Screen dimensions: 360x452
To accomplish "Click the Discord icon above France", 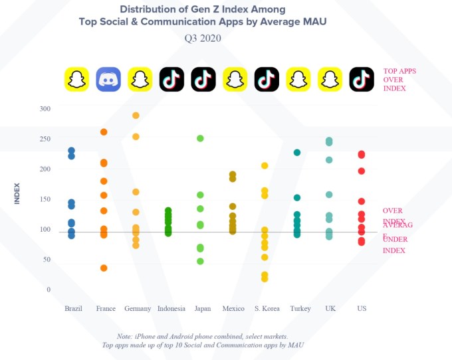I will click(108, 80).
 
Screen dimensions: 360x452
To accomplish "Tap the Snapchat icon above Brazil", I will click(76, 80).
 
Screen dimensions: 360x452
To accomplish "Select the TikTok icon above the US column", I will click(362, 80).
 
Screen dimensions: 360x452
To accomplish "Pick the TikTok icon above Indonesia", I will click(171, 80).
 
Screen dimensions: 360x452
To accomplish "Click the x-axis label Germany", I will click(137, 308).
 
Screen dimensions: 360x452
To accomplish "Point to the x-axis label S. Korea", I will click(266, 308).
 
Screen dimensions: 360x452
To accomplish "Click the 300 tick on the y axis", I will click(45, 108).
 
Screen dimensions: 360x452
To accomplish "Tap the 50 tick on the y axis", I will click(47, 260).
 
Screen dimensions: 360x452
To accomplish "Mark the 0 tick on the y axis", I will click(49, 290).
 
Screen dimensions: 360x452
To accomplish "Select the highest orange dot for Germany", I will click(136, 116).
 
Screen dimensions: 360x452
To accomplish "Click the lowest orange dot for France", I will click(104, 268).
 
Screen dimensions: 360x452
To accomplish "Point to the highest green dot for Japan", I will click(200, 138).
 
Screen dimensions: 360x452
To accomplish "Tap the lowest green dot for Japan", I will click(200, 261).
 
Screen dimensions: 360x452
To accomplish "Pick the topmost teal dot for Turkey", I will click(297, 153).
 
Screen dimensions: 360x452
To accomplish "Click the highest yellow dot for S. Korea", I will click(265, 165).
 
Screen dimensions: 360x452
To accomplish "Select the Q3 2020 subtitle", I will click(203, 38).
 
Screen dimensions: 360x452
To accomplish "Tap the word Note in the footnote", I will click(124, 336).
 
